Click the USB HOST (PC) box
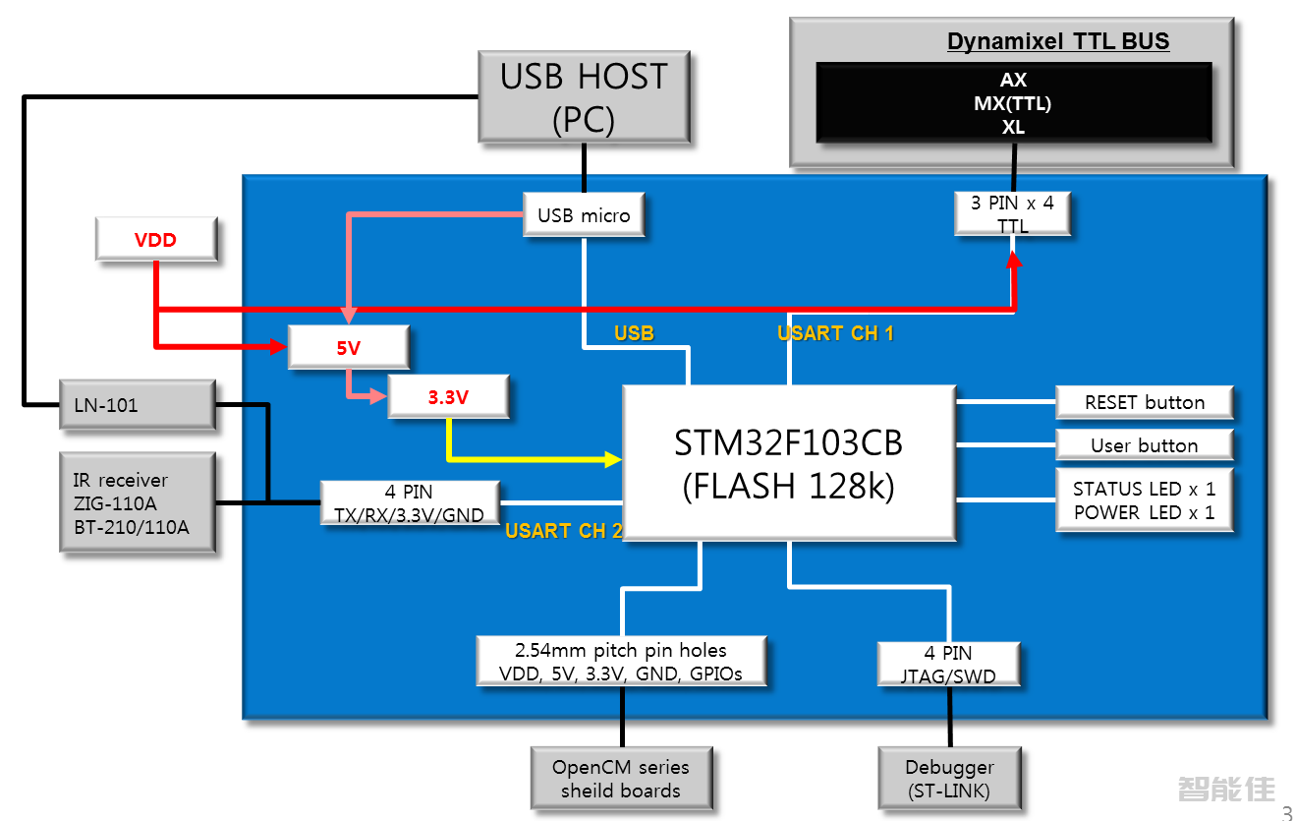click(584, 97)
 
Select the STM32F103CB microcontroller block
click(789, 462)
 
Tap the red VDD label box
click(155, 240)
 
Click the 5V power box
click(348, 347)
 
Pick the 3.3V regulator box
click(448, 397)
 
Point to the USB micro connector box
click(584, 214)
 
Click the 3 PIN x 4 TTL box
click(1012, 213)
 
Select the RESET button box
click(1144, 402)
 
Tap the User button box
click(1144, 445)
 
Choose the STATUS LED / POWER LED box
click(1144, 499)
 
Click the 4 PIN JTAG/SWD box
click(948, 664)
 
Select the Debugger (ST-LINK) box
click(948, 778)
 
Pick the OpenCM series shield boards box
click(620, 778)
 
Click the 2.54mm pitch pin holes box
click(621, 662)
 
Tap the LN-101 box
click(137, 405)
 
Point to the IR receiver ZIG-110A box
click(137, 503)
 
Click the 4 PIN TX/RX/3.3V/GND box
click(410, 503)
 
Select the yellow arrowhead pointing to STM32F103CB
click(614, 459)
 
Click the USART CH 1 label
click(835, 333)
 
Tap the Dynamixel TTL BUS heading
click(1058, 41)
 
